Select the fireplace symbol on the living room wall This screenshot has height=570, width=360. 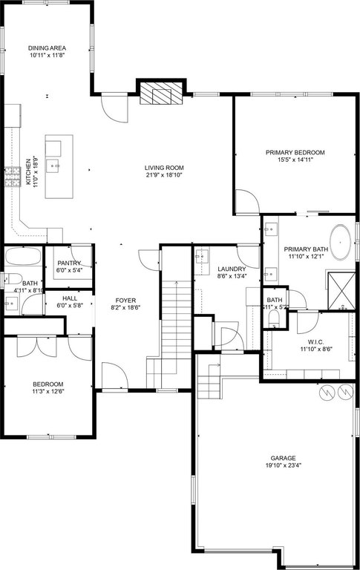tap(158, 94)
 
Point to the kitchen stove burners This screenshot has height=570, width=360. tap(13, 177)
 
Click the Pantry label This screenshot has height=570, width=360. tap(68, 263)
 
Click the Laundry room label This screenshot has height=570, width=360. tap(232, 269)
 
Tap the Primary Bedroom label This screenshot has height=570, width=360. tap(295, 152)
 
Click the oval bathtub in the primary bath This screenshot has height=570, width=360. tap(341, 242)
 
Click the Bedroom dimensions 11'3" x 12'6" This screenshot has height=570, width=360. tap(52, 391)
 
